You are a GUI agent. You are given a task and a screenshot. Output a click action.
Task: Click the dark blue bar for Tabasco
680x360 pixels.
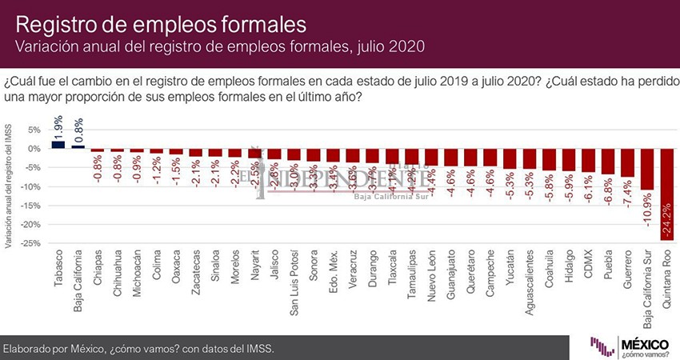58,144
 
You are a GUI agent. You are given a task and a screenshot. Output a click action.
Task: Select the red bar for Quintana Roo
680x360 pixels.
666,194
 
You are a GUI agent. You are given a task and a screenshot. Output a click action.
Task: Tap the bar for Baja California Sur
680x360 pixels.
646,169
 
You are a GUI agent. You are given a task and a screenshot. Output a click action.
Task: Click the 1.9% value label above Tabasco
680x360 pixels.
58,124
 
